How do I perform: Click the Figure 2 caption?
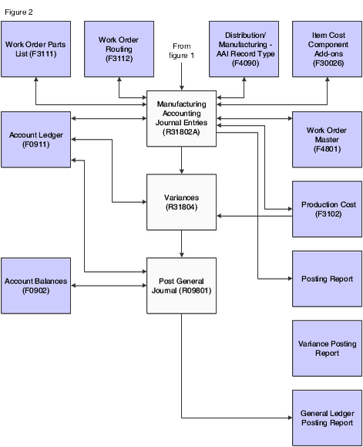pyautogui.click(x=18, y=12)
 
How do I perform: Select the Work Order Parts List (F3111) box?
pyautogui.click(x=36, y=49)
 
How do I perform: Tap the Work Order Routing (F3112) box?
pyautogui.click(x=119, y=49)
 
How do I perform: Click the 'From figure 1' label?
pyautogui.click(x=182, y=50)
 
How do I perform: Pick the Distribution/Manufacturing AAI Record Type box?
pyautogui.click(x=244, y=49)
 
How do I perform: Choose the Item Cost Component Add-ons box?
pyautogui.click(x=327, y=49)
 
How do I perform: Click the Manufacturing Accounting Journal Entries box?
pyautogui.click(x=182, y=119)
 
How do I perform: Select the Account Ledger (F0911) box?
pyautogui.click(x=36, y=140)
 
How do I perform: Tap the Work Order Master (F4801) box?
pyautogui.click(x=327, y=140)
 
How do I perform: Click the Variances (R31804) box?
pyautogui.click(x=182, y=202)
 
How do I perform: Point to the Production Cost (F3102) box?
pyautogui.click(x=327, y=209)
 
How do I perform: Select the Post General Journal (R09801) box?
pyautogui.click(x=182, y=286)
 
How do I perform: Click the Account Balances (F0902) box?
pyautogui.click(x=36, y=286)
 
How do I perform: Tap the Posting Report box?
pyautogui.click(x=327, y=279)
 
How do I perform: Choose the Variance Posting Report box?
pyautogui.click(x=327, y=348)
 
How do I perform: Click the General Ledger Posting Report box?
pyautogui.click(x=327, y=418)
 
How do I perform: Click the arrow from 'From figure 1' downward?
pyautogui.click(x=182, y=76)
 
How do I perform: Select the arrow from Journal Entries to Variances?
pyautogui.click(x=182, y=161)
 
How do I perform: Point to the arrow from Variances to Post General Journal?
pyautogui.click(x=182, y=244)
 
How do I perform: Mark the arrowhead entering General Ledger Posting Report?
pyautogui.click(x=291, y=418)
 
